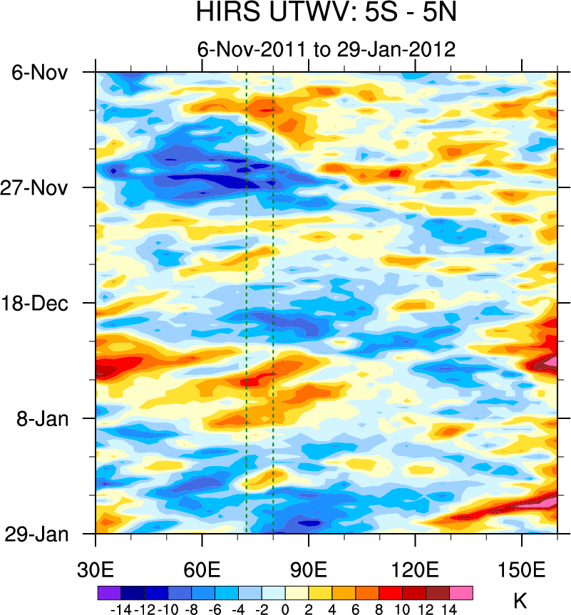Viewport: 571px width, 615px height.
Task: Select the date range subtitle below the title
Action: click(326, 49)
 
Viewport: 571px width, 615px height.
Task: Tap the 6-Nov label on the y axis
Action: click(40, 72)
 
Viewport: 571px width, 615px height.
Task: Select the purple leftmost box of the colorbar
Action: click(109, 593)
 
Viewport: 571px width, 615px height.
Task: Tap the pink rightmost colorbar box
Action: click(461, 593)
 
